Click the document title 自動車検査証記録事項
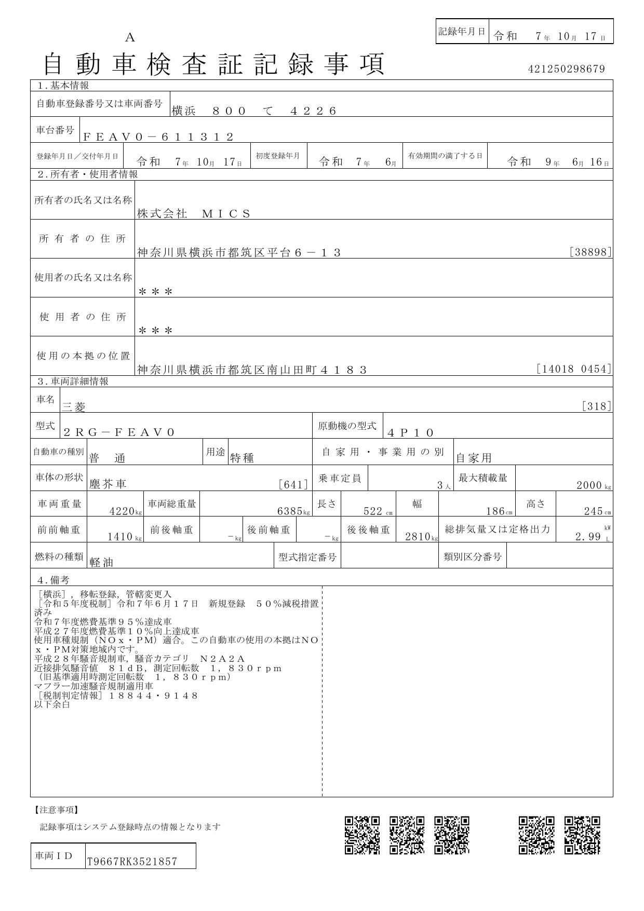[214, 64]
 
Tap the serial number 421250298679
[566, 69]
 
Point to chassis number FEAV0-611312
[158, 137]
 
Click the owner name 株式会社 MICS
[194, 213]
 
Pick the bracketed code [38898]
[591, 252]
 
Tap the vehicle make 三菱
[74, 407]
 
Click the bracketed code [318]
[597, 406]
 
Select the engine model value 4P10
[410, 432]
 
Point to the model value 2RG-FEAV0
[119, 432]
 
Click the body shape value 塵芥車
[108, 484]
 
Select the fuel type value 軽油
[101, 562]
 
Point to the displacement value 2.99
[588, 537]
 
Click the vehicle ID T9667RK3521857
[132, 862]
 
